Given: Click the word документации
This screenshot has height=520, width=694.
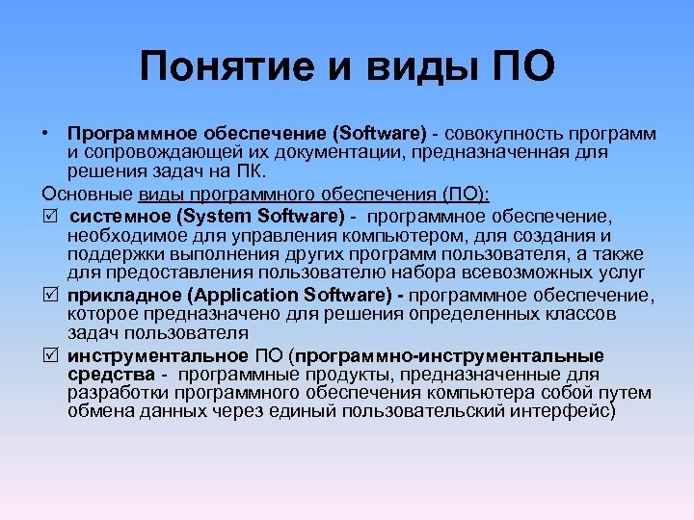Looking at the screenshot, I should click(333, 151).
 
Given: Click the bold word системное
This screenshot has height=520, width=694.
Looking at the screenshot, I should click(117, 217).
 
